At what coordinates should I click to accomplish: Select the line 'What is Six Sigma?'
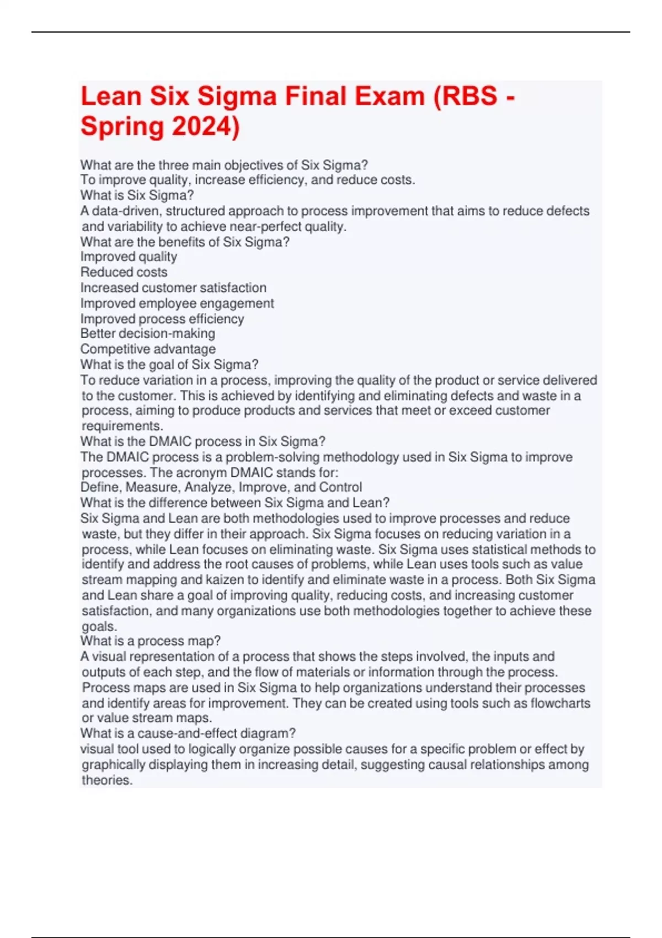click(x=137, y=195)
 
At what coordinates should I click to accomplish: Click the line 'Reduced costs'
click(x=124, y=272)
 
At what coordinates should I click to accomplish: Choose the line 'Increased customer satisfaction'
click(x=173, y=287)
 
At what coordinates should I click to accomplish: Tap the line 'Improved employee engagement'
click(x=177, y=303)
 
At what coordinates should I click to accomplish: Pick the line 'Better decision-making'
click(x=148, y=333)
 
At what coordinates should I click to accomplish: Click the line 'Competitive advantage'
click(x=148, y=349)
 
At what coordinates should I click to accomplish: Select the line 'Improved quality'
click(x=129, y=257)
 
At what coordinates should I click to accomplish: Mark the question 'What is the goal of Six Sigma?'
click(x=169, y=364)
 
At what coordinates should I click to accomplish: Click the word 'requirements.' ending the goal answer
click(x=122, y=426)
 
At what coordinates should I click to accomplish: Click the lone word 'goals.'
click(x=99, y=626)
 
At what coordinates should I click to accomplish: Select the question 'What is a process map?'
click(x=151, y=641)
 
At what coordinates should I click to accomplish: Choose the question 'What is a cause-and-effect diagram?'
click(x=188, y=733)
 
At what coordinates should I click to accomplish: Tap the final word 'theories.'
click(x=107, y=780)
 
